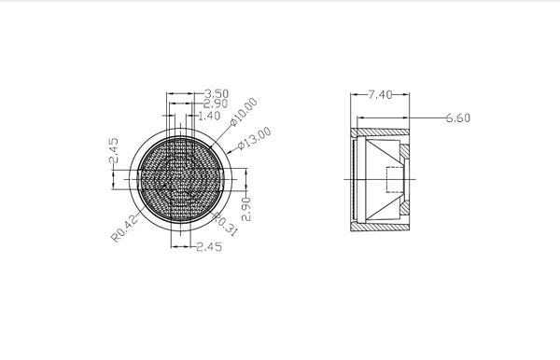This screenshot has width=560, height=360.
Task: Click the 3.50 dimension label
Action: (217, 94)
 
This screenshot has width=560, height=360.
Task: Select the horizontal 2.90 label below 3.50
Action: (216, 104)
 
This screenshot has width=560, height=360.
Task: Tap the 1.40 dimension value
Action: (209, 116)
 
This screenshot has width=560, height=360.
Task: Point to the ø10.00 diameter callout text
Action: (244, 112)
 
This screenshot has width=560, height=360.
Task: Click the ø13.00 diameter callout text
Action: (255, 139)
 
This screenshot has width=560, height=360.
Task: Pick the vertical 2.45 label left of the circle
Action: (113, 150)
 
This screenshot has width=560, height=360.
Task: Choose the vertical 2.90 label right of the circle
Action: (246, 209)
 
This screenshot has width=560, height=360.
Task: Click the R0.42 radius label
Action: (125, 228)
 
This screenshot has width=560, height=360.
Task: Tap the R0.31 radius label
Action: (225, 224)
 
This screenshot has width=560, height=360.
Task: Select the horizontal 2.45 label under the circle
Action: (209, 246)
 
